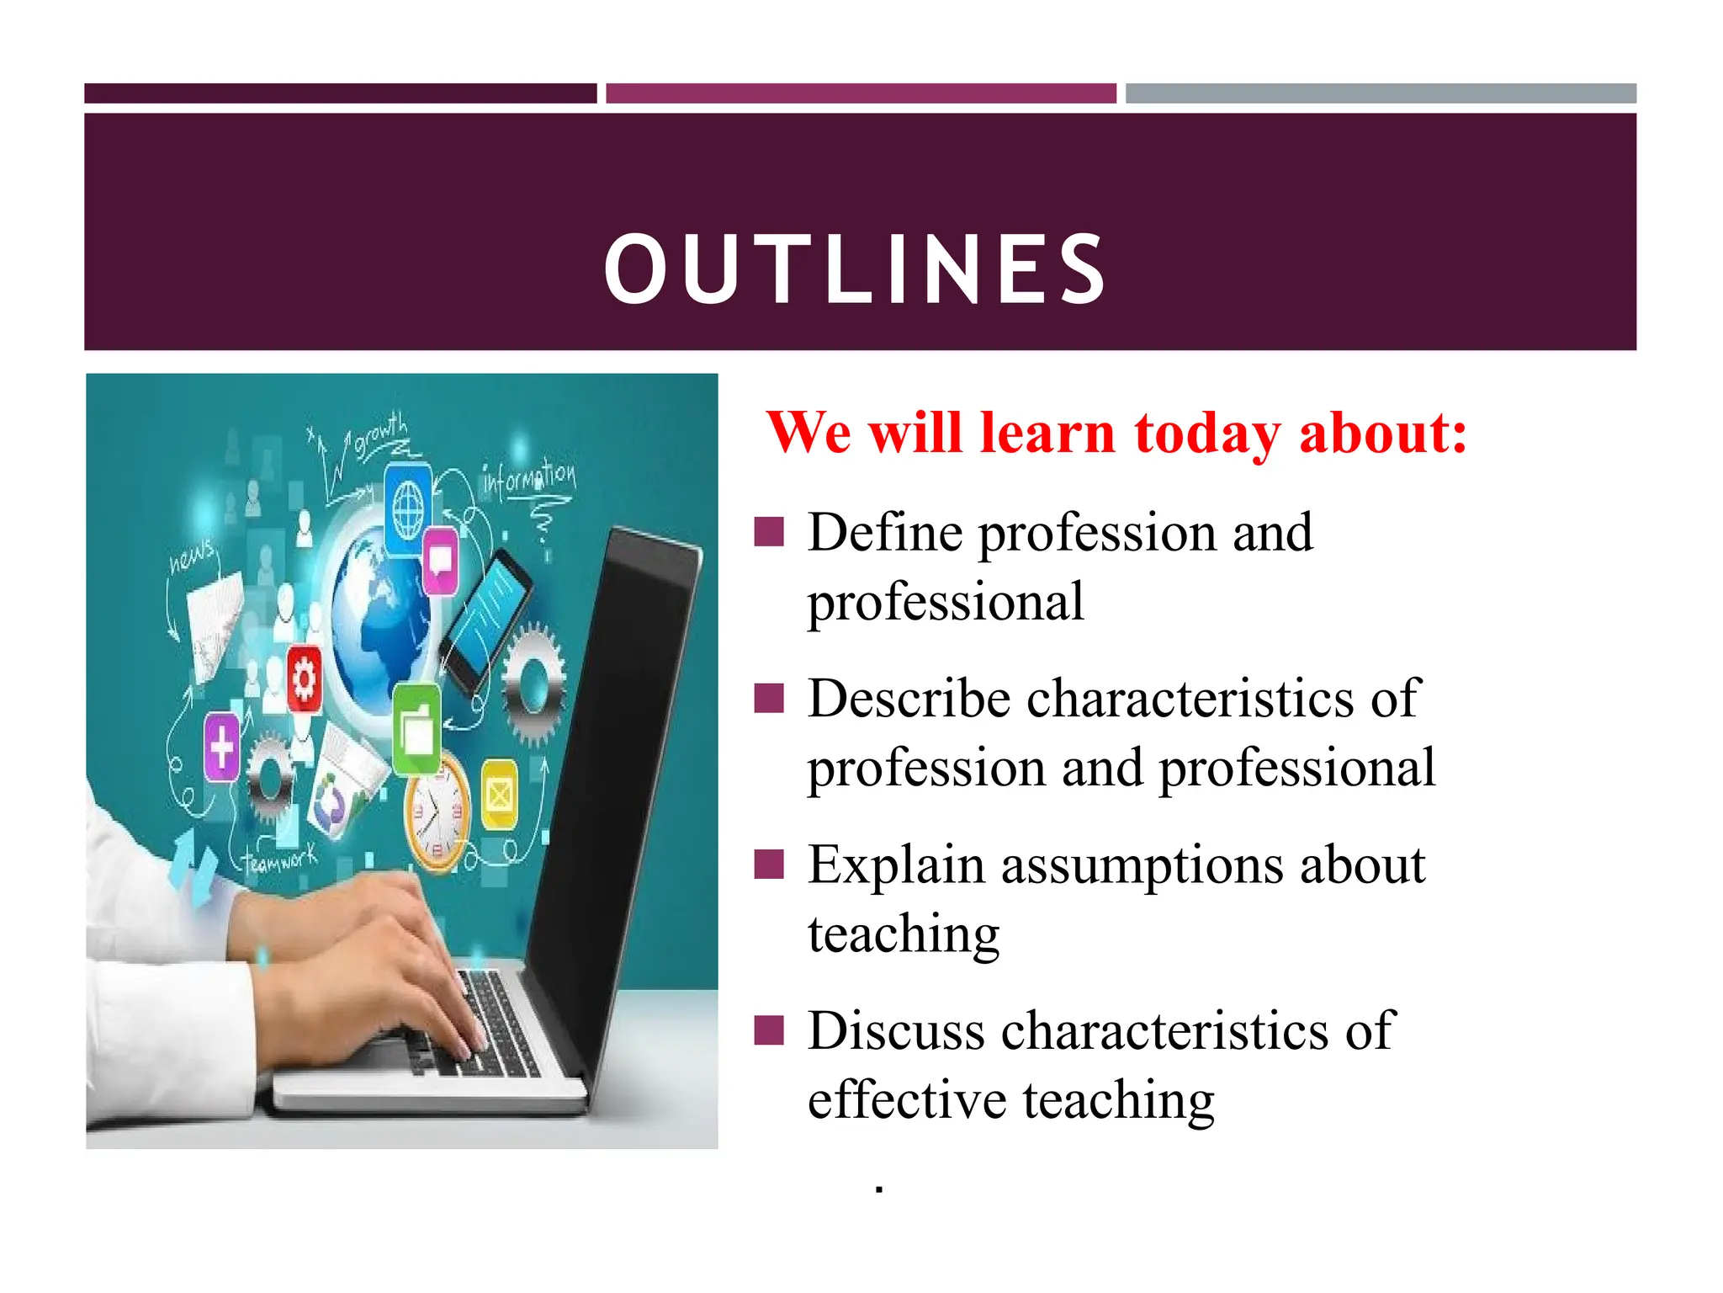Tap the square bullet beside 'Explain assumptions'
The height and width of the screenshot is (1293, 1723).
(x=769, y=864)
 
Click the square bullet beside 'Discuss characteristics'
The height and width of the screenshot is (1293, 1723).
(x=769, y=1030)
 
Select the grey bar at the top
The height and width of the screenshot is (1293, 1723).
(x=1381, y=93)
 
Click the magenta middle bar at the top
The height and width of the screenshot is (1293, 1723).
(x=861, y=93)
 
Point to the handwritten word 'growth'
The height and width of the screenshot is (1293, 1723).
(x=380, y=434)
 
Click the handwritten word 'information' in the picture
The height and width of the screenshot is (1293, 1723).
(x=529, y=479)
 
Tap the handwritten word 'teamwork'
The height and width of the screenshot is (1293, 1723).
(x=280, y=859)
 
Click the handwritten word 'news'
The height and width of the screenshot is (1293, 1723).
(x=193, y=556)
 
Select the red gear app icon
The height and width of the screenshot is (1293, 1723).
(x=304, y=678)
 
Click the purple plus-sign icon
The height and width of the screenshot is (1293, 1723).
(x=222, y=747)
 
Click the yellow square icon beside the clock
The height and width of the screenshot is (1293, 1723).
(x=499, y=794)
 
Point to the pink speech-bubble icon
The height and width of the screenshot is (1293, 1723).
(x=440, y=559)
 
